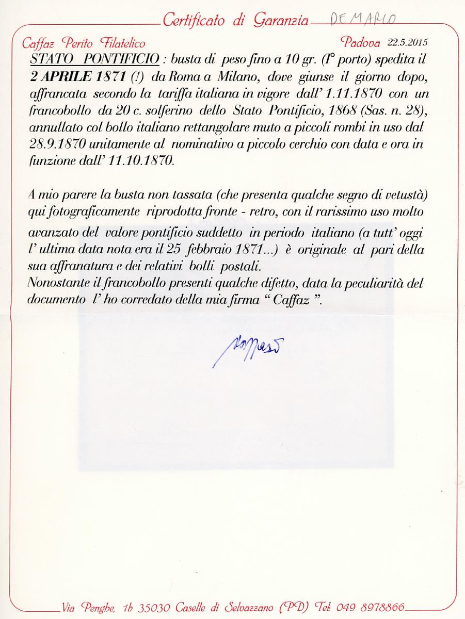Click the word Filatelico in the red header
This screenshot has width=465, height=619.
(120, 43)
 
